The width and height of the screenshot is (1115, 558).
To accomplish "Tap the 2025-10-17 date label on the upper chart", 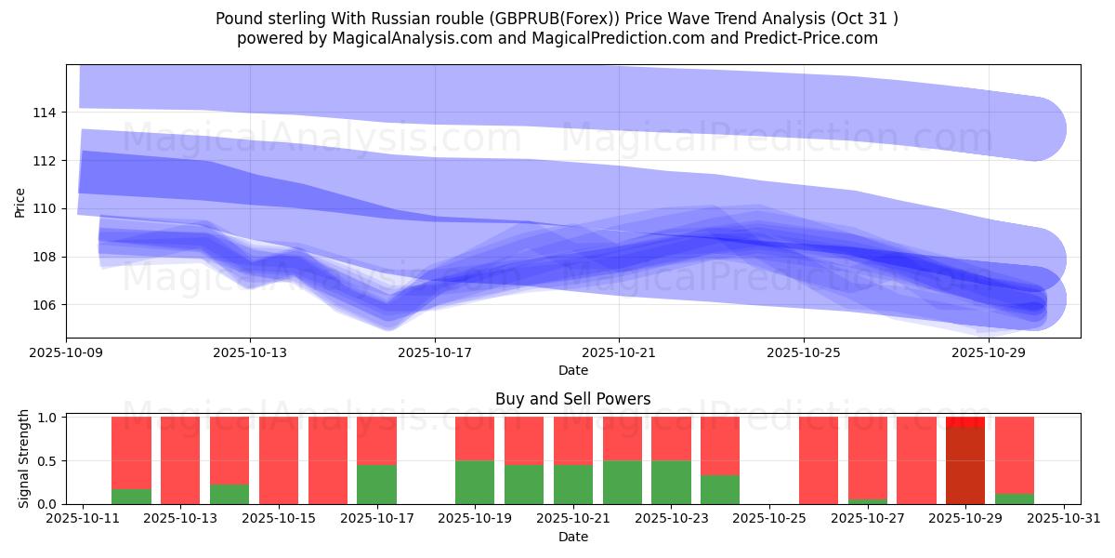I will click(x=434, y=353).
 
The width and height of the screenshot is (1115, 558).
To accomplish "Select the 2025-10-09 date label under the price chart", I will click(x=66, y=353).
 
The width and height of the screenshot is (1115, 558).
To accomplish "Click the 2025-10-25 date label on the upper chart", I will click(x=804, y=353).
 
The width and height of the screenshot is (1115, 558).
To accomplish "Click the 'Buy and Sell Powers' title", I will click(x=572, y=399).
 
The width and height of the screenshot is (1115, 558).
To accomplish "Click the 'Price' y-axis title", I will click(x=20, y=202).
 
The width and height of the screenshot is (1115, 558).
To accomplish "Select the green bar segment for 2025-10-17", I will click(x=376, y=485).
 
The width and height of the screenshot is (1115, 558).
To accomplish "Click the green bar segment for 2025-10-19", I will click(x=475, y=482).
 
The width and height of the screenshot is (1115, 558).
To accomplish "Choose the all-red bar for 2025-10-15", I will click(x=279, y=460).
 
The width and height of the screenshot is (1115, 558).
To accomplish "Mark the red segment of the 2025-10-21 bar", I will click(x=573, y=440).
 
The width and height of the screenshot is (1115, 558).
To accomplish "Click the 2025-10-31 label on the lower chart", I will click(x=1063, y=519).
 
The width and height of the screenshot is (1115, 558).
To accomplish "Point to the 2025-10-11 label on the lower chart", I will click(x=84, y=519).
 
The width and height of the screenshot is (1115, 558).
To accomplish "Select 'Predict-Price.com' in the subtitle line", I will click(x=812, y=38).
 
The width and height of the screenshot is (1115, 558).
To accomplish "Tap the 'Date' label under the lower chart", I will click(x=572, y=537).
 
